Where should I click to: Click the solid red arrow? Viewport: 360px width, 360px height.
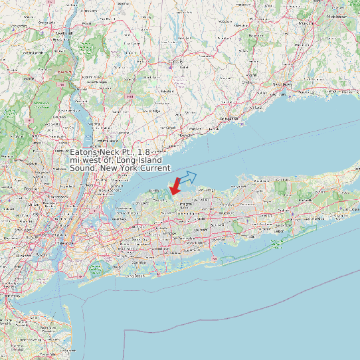pyautogui.click(x=175, y=187)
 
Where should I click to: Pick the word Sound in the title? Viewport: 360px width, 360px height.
pyautogui.click(x=84, y=167)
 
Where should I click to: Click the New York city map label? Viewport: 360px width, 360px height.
pyautogui.click(x=64, y=243)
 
